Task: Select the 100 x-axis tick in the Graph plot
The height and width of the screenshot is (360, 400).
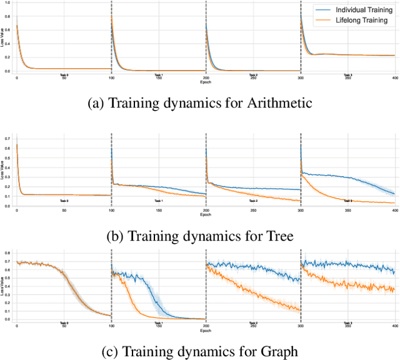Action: pos(111,326)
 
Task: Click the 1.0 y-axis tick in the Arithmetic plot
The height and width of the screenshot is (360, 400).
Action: pos(9,4)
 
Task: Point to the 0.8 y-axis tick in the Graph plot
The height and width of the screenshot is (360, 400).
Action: pos(9,252)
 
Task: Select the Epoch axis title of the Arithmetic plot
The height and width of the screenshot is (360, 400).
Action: pos(206,82)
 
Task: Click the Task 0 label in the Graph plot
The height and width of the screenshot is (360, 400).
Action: pos(64,323)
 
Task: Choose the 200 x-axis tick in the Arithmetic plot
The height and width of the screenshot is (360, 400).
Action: pos(206,78)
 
